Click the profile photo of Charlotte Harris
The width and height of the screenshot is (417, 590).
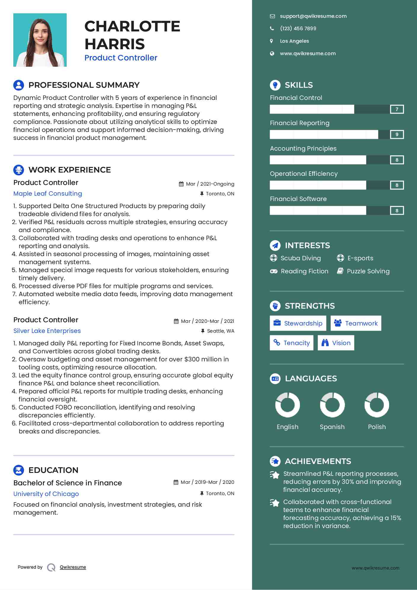tap(40, 40)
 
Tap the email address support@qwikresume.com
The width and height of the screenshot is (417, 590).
tap(313, 16)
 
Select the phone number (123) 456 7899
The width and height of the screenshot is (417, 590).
tap(298, 28)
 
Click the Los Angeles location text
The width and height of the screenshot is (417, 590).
tap(294, 41)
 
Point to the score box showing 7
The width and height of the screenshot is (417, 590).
tap(397, 109)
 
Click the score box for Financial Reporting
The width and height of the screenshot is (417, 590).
tap(397, 135)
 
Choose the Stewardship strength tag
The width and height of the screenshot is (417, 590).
tap(298, 323)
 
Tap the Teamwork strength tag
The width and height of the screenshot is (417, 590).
tap(356, 323)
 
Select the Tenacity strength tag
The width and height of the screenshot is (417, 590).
tap(292, 343)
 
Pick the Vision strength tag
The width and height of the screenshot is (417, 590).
tap(336, 343)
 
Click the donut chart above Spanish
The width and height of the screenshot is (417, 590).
tap(332, 405)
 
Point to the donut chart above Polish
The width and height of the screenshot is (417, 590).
tap(377, 405)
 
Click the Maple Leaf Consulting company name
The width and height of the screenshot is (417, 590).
tap(48, 194)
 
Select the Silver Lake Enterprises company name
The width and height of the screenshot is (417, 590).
tap(47, 331)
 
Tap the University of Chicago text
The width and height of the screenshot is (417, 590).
tap(46, 494)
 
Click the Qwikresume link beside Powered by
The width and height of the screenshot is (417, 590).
tap(73, 567)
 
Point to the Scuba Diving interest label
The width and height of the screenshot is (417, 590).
tap(301, 258)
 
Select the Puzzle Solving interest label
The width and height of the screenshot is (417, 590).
tap(368, 271)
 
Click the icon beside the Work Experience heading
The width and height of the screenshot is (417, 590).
tap(19, 170)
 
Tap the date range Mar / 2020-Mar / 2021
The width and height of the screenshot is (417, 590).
tap(207, 321)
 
